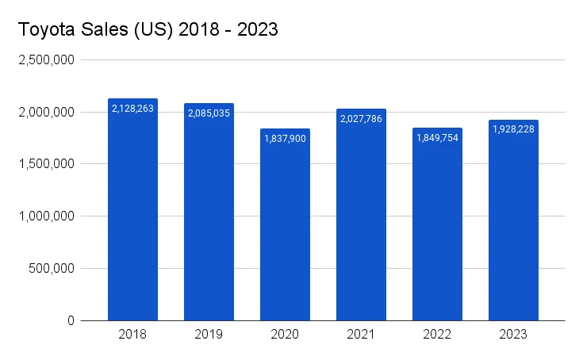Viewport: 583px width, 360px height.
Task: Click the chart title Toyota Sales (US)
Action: (148, 31)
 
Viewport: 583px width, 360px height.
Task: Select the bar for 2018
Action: (133, 214)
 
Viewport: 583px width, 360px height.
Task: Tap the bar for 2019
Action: (209, 214)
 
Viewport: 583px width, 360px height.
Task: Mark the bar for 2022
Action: (438, 226)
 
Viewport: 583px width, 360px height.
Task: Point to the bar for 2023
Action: (514, 222)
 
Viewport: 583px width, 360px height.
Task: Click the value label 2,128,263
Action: (133, 108)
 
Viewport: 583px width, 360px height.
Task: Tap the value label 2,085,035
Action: (209, 113)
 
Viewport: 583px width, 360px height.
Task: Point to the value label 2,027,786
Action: (362, 118)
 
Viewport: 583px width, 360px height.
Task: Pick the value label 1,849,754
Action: (438, 137)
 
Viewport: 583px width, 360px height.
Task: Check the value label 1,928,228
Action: (514, 129)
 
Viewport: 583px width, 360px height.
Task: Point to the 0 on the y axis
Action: (71, 320)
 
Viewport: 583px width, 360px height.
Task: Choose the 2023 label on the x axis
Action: (514, 335)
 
